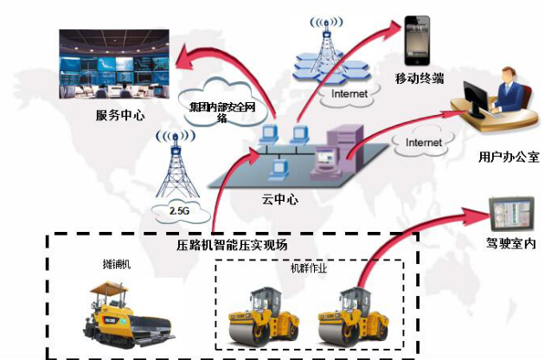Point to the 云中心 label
click(279, 198)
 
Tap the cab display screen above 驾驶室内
click(510, 215)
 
